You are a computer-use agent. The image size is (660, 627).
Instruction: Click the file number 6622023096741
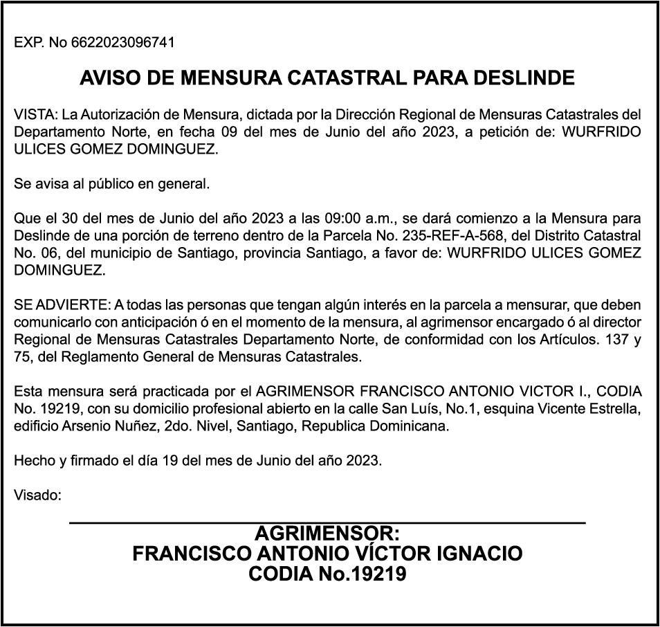coord(122,43)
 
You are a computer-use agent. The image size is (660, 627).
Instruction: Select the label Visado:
coord(38,496)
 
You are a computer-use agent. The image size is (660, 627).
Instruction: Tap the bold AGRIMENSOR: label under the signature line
coord(327,534)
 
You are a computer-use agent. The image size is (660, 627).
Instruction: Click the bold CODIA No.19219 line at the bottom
coord(327,574)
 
